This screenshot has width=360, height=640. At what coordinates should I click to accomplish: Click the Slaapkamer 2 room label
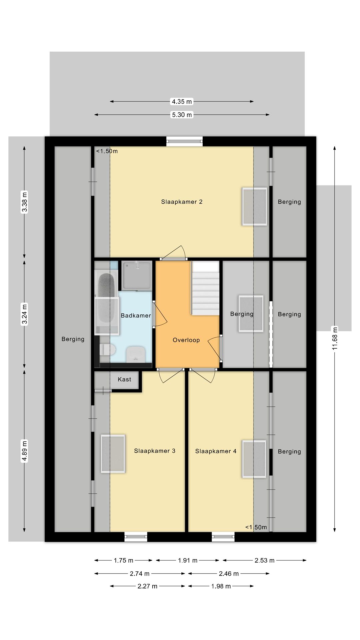[x=182, y=202]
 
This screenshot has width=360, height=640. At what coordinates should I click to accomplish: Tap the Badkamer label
[x=136, y=315]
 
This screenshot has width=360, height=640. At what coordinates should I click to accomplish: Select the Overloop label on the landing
[x=186, y=340]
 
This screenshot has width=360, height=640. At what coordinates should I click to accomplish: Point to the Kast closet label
[x=124, y=379]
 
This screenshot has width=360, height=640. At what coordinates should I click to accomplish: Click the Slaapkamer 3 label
[x=155, y=451]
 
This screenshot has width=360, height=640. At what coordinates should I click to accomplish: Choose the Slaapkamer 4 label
[x=216, y=451]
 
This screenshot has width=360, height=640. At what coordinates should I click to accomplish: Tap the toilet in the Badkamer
[x=107, y=350]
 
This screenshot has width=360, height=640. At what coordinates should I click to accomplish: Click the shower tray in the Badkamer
[x=137, y=276]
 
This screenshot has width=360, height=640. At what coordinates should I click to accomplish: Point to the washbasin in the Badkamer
[x=136, y=353]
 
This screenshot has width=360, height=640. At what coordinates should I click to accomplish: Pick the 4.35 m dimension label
[x=182, y=101]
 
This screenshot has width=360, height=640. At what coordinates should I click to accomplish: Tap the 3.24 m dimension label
[x=24, y=314]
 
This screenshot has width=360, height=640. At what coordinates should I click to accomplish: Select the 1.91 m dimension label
[x=188, y=560]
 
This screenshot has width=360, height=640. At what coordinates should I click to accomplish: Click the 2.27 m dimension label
[x=147, y=586]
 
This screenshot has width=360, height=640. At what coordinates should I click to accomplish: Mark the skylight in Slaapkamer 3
[x=113, y=454]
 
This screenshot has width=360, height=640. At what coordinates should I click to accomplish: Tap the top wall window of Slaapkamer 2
[x=184, y=141]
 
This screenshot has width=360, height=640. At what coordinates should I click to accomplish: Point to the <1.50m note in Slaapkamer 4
[x=256, y=527]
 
